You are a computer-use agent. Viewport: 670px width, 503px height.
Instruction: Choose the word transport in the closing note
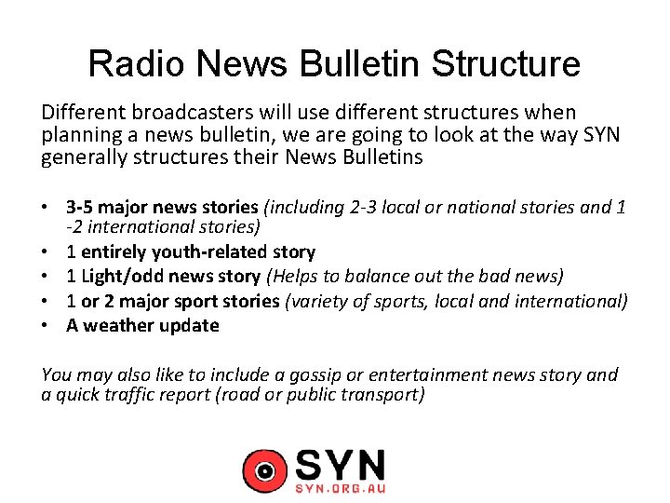[380, 395]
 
